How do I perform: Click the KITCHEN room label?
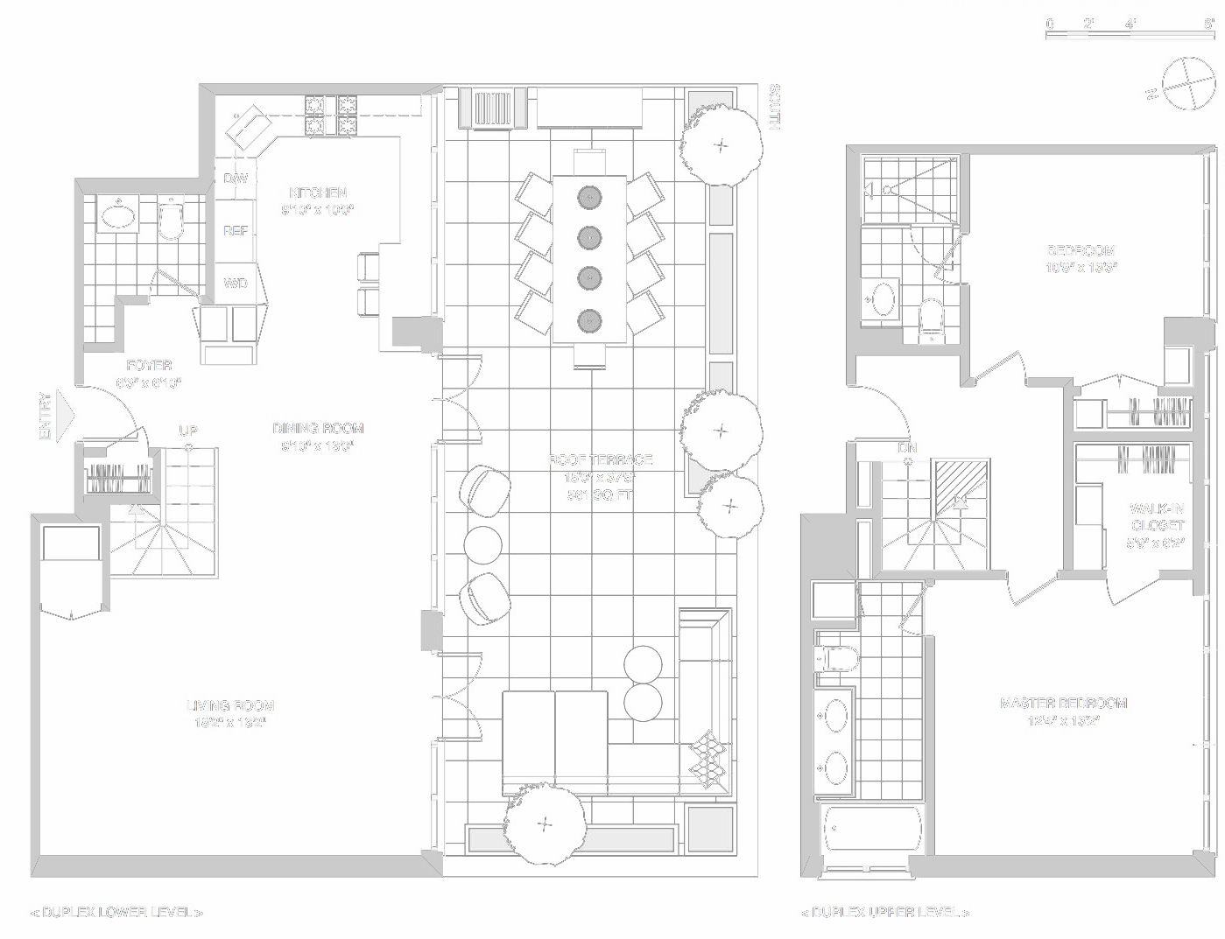pos(318,193)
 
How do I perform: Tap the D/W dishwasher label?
pos(236,179)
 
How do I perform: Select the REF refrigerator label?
pos(236,231)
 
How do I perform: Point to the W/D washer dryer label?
pos(236,284)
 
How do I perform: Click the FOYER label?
pos(149,366)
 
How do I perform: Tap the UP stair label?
pos(188,431)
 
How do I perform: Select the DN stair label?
pos(908,447)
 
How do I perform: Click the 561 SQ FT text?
pos(600,495)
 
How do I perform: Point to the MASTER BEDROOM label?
pos(1063,703)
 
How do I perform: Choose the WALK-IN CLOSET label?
pos(1157,517)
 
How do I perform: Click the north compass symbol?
pos(1183,84)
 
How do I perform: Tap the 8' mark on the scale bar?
pos(1208,25)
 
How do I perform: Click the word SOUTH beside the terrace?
pos(774,108)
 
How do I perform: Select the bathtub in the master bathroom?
pos(872,828)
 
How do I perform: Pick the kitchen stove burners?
pos(331,116)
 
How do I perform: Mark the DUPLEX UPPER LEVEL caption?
pos(884,913)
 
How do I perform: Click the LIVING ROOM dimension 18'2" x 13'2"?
pos(230,723)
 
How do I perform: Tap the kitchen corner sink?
pos(249,128)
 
